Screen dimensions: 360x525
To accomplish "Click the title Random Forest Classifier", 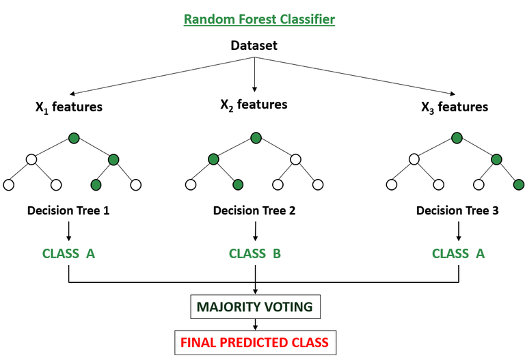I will [259, 19].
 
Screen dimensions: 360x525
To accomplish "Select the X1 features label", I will [69, 107].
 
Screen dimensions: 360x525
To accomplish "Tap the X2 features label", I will [254, 105].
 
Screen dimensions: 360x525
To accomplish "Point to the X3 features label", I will [454, 107].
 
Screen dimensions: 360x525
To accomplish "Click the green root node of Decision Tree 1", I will [74, 139].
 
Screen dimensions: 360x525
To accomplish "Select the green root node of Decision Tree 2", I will [254, 139].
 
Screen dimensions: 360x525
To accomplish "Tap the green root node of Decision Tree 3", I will [456, 139].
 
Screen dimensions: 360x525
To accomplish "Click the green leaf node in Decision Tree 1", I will [96, 184].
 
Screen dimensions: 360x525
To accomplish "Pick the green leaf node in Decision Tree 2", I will [237, 184].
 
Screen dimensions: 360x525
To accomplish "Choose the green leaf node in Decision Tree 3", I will [518, 184].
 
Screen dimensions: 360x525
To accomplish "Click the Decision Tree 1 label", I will [68, 210].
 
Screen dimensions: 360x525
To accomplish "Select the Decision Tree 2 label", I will [254, 210].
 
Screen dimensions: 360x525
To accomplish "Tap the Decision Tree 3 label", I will [457, 210].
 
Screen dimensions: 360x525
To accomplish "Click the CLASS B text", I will [254, 253].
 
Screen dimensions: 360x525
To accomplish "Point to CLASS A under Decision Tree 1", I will [68, 253].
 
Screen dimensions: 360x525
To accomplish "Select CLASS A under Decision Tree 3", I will [458, 253].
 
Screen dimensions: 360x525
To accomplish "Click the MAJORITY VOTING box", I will [254, 307].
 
